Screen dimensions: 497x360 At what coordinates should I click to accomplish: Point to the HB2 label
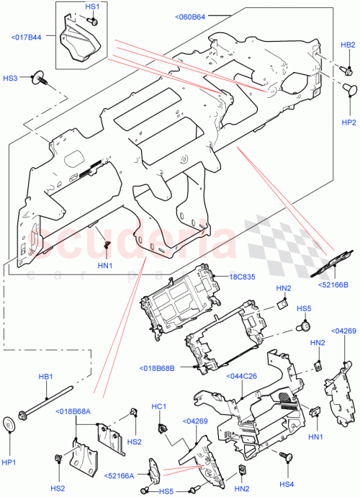pos(347,45)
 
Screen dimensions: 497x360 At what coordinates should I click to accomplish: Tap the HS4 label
pos(287,483)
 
